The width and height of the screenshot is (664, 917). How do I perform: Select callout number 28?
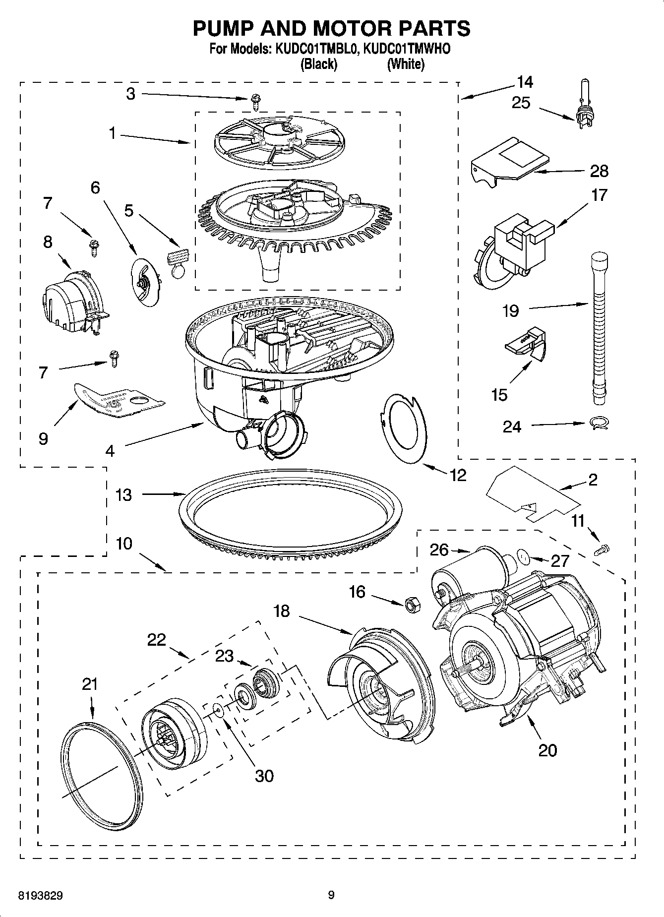(599, 171)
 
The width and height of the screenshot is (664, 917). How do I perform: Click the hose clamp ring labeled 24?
(599, 423)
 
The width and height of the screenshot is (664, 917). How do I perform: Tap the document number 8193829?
(40, 895)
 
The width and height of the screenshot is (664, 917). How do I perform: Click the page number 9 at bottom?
(331, 895)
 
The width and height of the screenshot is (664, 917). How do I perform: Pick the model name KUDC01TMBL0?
(314, 49)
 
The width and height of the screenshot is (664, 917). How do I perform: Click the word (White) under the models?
(406, 64)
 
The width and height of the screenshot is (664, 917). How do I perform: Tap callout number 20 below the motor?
(547, 750)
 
